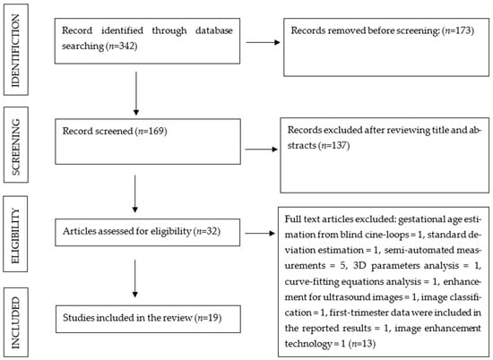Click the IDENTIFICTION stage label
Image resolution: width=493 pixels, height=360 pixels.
[15, 50]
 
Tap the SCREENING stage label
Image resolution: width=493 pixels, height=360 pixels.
[15, 147]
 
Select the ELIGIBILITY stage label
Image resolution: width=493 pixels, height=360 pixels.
[15, 236]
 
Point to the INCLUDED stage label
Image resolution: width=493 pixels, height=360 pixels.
[15, 323]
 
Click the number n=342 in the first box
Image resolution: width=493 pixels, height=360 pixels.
[122, 47]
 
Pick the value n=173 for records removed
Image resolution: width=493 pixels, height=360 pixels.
[458, 30]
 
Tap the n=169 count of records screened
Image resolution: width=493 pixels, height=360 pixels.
[151, 131]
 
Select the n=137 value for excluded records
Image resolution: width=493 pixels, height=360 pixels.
[334, 145]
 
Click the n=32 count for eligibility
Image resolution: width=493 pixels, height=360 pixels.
[208, 232]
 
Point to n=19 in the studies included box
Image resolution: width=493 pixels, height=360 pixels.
[209, 318]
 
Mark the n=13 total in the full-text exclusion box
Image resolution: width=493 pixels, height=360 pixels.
[362, 344]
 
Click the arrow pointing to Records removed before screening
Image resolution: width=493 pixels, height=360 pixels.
[263, 42]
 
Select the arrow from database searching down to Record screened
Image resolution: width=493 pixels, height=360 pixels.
[136, 94]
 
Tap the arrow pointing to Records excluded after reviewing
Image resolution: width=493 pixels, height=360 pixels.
[261, 150]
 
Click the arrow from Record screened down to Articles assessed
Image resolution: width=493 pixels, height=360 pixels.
[134, 193]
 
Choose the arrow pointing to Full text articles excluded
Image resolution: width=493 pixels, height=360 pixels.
[260, 233]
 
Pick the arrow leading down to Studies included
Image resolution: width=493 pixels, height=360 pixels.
[134, 279]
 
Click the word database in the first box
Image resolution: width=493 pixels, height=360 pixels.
[214, 30]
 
